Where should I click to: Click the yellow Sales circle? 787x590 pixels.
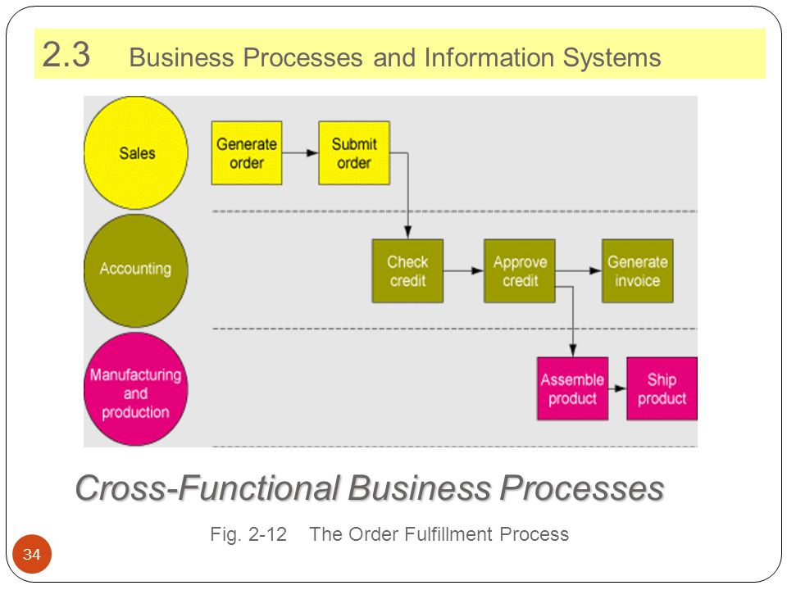coord(136,152)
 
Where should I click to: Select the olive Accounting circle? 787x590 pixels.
coord(136,270)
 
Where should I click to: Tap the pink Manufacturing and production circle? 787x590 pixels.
coord(136,388)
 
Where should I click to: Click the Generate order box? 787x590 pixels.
coord(247,153)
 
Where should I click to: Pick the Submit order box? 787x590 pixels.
coord(354,153)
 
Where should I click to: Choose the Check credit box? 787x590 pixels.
coord(407,271)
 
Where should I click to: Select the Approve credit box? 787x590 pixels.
coord(520,271)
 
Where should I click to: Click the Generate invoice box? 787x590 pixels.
coord(638,271)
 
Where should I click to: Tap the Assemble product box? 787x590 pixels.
coord(573,388)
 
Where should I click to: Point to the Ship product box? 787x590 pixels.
coord(662,388)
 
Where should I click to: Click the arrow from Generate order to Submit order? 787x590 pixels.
coord(300,152)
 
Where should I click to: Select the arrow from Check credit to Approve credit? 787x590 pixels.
coord(463,271)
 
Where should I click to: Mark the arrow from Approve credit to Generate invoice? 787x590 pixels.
coord(578,271)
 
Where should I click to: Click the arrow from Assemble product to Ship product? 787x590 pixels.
coord(617,388)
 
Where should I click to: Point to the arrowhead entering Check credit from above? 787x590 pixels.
coord(407,232)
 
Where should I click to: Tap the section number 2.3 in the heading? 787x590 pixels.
coord(66,54)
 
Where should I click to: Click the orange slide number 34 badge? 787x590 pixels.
coord(32,555)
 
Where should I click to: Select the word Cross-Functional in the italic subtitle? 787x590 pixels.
coord(207,488)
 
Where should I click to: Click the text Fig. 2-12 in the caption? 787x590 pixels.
coord(248,534)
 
